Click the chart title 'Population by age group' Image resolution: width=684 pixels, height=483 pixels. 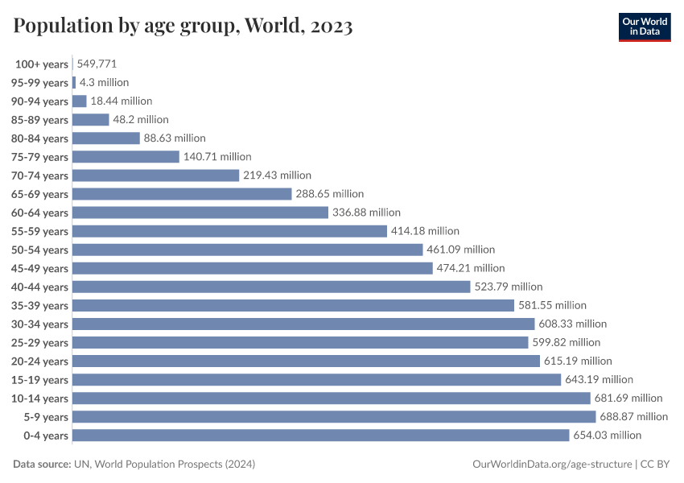(x=183, y=27)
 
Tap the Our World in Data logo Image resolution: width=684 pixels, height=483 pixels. (x=644, y=27)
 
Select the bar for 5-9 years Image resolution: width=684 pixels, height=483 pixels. (x=334, y=416)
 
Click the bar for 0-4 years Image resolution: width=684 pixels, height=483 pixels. (x=320, y=435)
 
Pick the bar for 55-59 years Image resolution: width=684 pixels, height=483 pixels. (x=229, y=231)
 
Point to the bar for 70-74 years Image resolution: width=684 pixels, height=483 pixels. (x=155, y=175)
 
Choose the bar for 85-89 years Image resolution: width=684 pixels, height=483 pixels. (x=90, y=120)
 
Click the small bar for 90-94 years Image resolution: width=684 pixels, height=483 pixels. (x=80, y=101)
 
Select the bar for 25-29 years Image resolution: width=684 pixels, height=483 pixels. (x=300, y=342)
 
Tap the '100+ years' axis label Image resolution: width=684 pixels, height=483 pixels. (x=42, y=64)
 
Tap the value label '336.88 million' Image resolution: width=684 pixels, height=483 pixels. (x=366, y=213)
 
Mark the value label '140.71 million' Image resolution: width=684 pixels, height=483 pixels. (x=217, y=157)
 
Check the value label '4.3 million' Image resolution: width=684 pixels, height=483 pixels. (x=104, y=82)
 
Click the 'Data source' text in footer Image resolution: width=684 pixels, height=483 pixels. (x=134, y=464)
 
